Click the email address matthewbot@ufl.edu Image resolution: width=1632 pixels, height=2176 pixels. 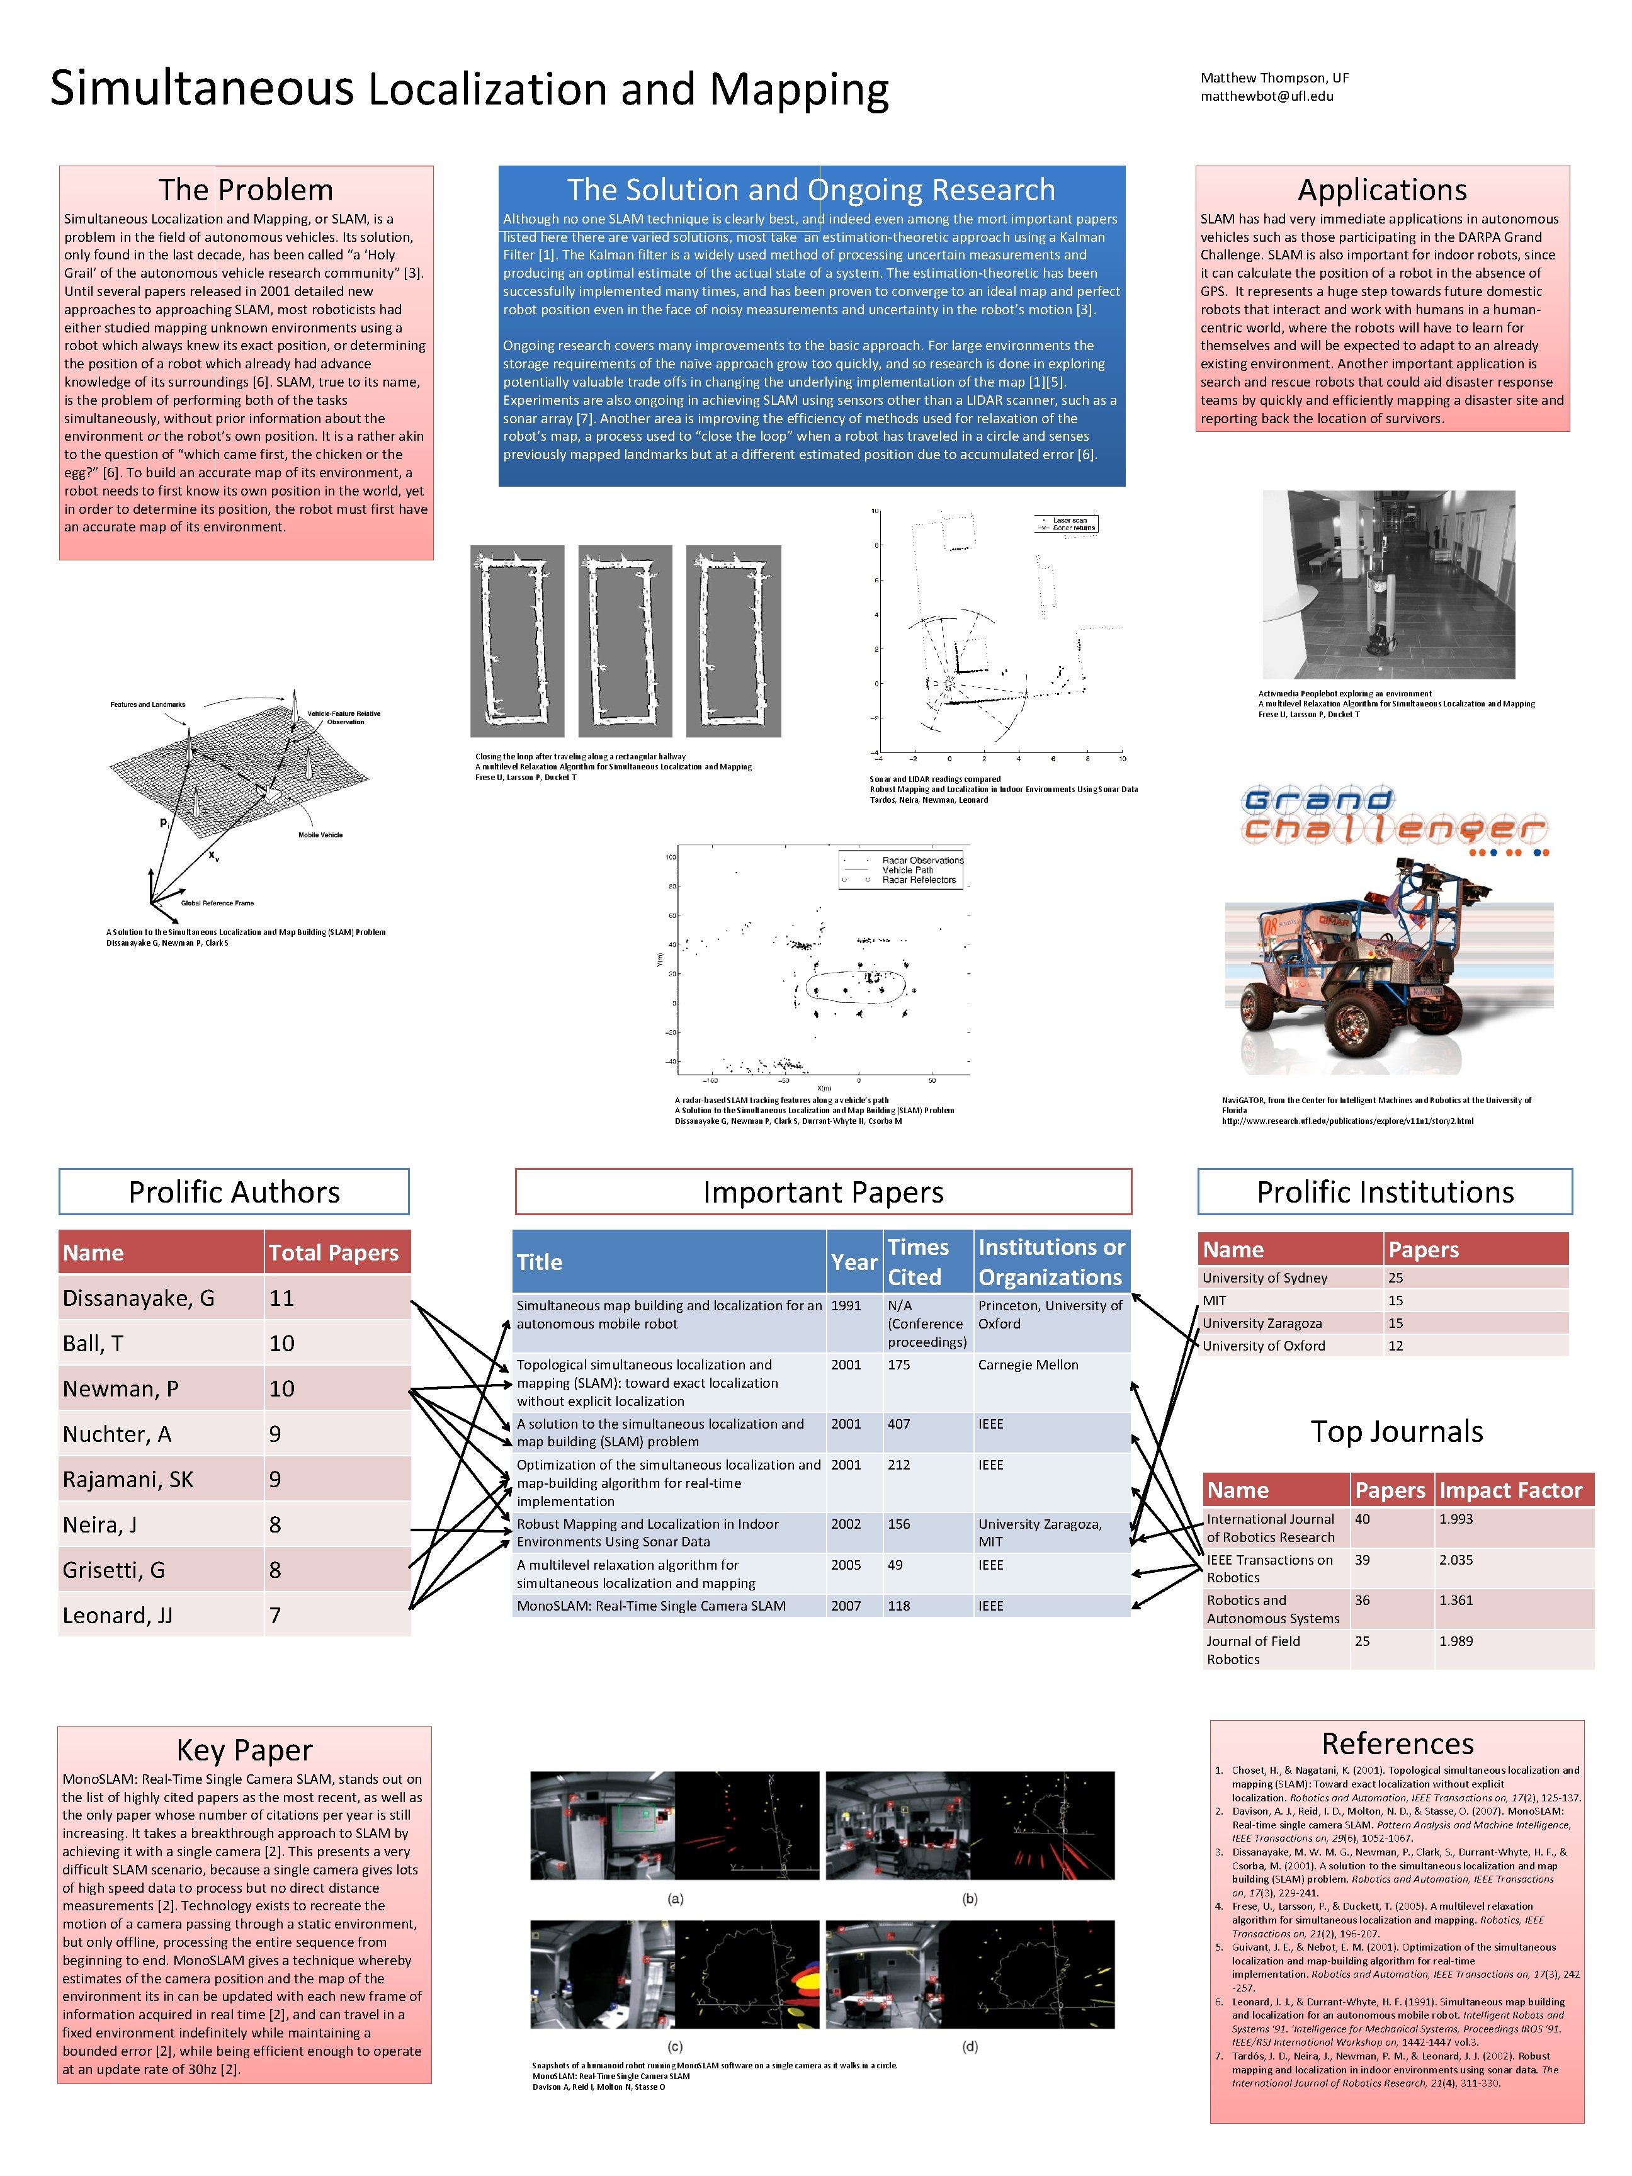tap(1266, 96)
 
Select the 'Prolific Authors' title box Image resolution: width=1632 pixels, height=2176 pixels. tap(234, 1191)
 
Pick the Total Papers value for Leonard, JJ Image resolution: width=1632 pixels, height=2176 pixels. tap(275, 1615)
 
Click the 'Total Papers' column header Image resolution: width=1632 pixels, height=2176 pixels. tap(334, 1252)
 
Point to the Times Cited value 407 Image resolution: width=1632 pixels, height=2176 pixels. tap(899, 1424)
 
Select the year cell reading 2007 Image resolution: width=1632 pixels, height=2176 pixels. tap(846, 1606)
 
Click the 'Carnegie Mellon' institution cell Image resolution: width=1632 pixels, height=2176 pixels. tap(1028, 1364)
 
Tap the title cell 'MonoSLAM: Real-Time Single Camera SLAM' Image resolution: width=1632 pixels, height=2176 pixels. tap(651, 1606)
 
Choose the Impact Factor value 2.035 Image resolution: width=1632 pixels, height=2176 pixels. tap(1458, 1559)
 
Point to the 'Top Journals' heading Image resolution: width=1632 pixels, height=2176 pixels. tap(1396, 1431)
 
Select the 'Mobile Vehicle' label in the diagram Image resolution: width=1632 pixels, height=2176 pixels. tap(320, 834)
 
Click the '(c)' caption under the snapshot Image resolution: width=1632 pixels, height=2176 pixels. tap(675, 2046)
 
